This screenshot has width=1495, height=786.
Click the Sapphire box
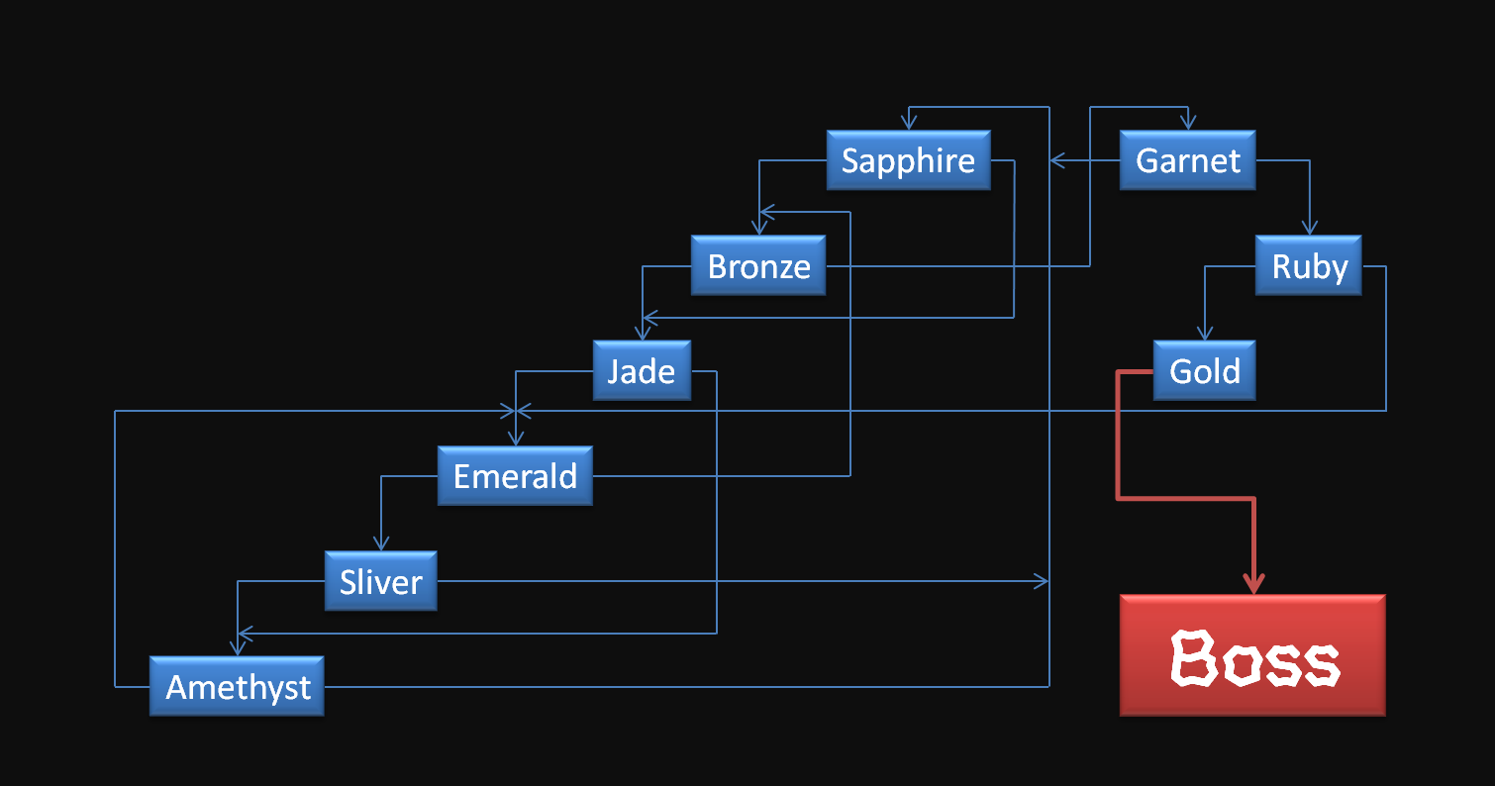pos(908,160)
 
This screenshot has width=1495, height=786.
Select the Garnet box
pos(1187,160)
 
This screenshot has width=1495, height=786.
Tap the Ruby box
pos(1309,266)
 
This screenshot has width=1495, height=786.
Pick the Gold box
pos(1204,371)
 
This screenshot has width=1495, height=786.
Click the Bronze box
pos(758,266)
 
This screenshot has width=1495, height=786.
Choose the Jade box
pos(642,371)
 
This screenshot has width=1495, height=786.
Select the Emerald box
pos(515,476)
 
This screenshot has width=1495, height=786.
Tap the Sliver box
pos(381,581)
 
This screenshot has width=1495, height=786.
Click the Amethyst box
pos(238,686)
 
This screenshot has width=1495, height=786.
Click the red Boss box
pos(1252,655)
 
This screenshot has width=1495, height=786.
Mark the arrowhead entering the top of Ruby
pos(1309,228)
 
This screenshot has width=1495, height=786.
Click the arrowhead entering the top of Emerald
pos(515,438)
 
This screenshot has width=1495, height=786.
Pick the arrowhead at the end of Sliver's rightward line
pos(1042,581)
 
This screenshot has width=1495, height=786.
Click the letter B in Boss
pos(1193,658)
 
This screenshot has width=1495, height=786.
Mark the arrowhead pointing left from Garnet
pos(1057,160)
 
